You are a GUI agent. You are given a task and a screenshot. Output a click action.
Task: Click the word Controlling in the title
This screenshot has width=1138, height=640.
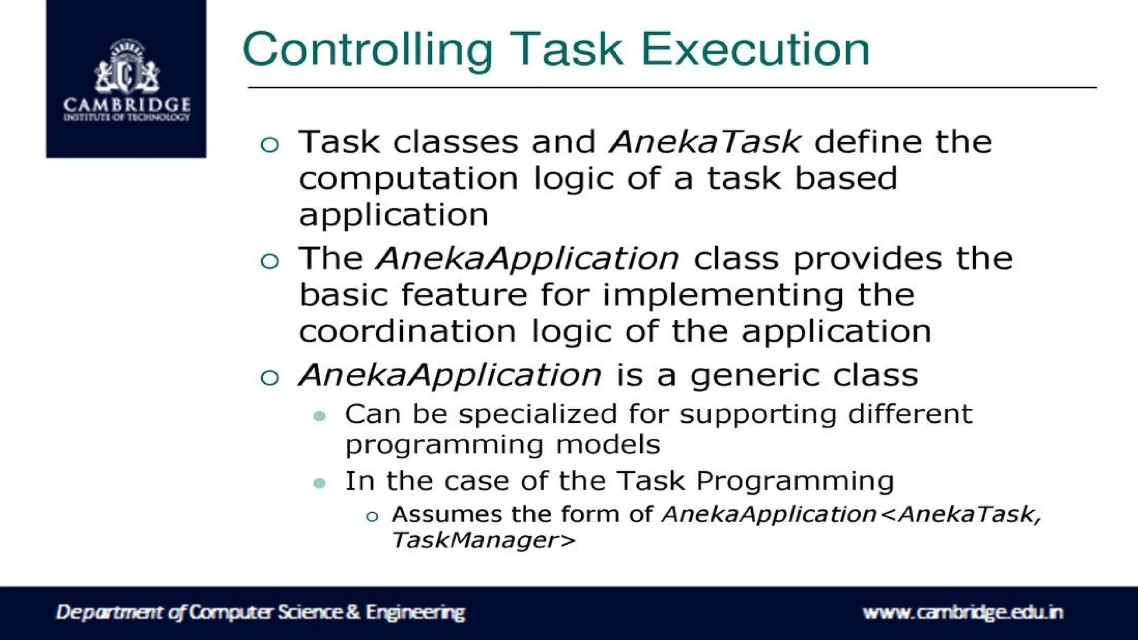[367, 50]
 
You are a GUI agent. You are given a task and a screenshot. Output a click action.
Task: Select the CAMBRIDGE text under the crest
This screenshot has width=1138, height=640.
[127, 104]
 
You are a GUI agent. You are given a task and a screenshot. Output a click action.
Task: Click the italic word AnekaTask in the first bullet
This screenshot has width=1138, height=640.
[705, 142]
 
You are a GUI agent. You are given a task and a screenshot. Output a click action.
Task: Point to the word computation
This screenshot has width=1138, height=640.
[408, 179]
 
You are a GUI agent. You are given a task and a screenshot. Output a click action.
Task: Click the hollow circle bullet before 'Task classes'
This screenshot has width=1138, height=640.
[269, 145]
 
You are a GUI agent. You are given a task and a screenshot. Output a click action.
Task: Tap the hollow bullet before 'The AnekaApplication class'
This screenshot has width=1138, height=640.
[269, 261]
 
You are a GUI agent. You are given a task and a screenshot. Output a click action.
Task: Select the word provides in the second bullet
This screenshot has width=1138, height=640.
[867, 259]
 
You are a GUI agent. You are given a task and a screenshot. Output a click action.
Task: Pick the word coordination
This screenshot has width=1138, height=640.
[408, 332]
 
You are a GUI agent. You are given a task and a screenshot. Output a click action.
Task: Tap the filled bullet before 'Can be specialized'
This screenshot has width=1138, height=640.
[320, 416]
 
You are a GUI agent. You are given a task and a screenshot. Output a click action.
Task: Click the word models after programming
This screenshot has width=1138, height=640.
[608, 444]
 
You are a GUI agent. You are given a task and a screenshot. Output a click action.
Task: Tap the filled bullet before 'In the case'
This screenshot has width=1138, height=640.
[320, 483]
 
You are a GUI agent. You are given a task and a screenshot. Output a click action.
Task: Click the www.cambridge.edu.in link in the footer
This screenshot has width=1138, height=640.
[962, 612]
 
